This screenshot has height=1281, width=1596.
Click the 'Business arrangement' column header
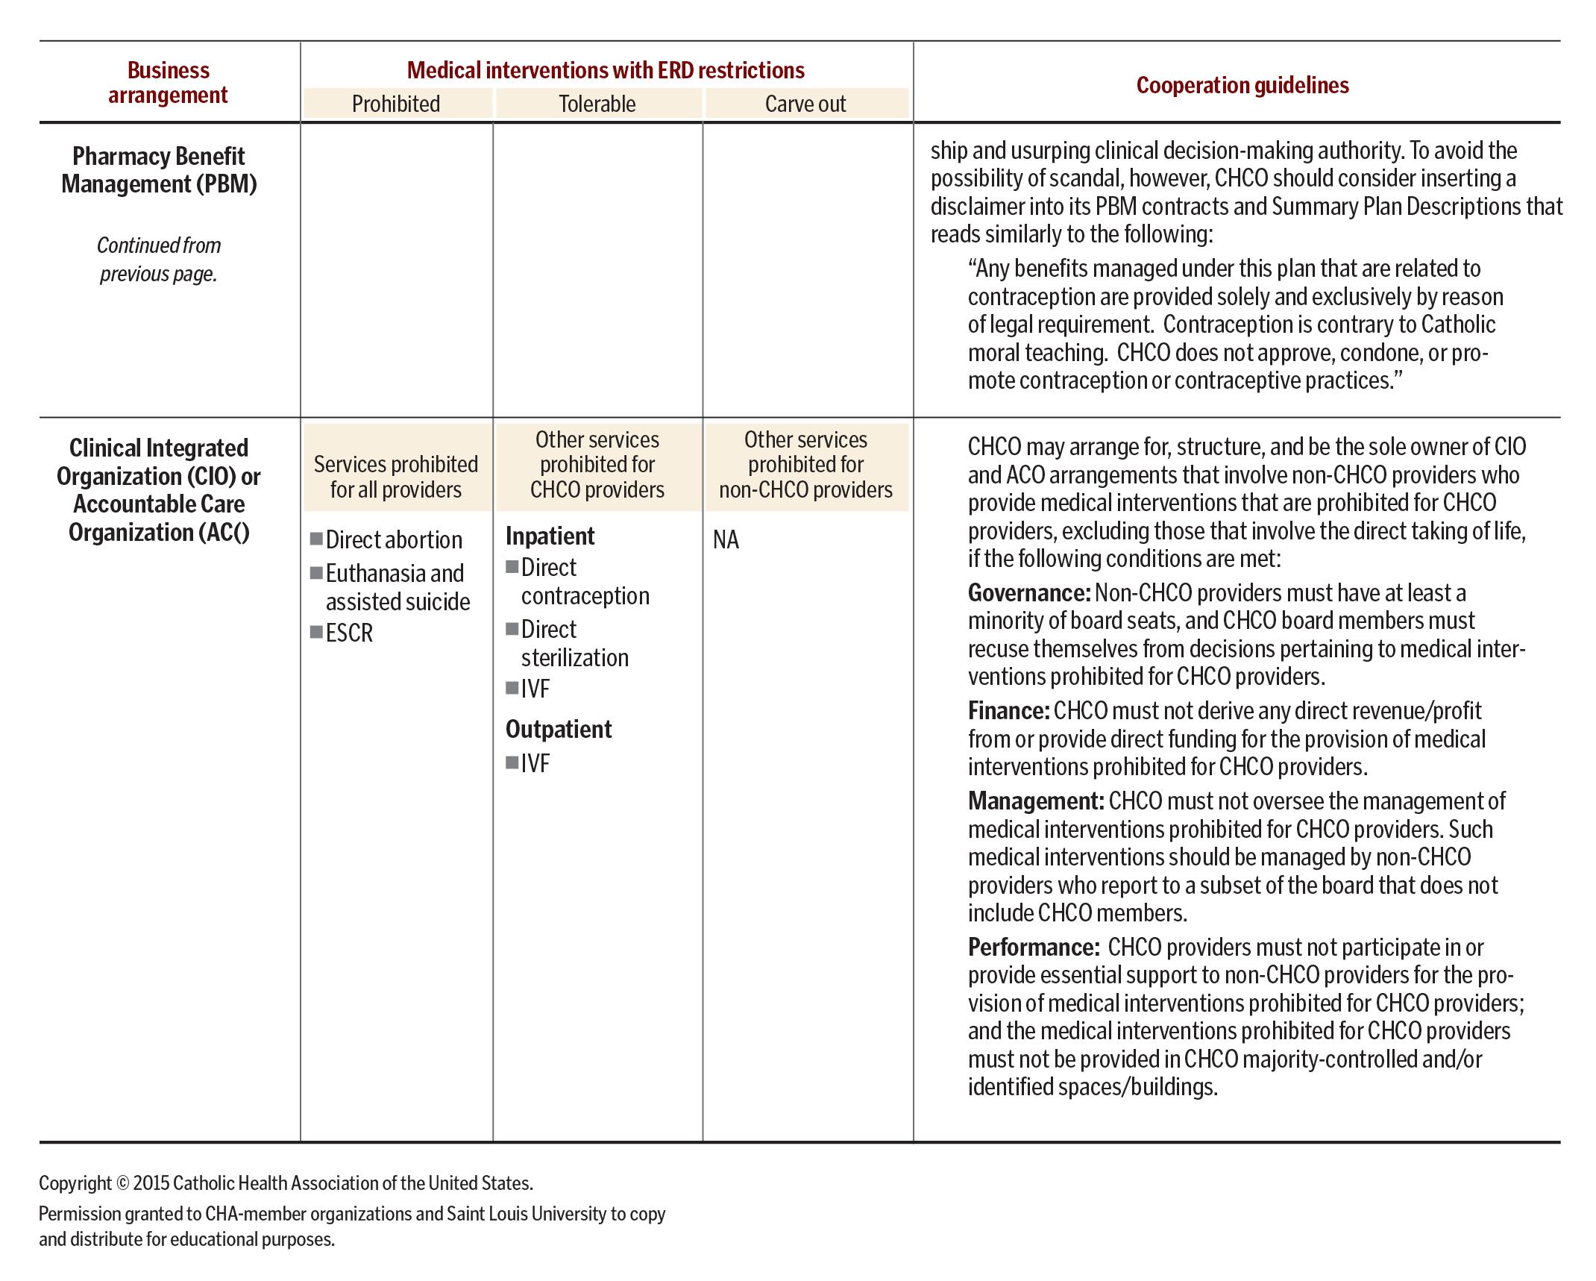pyautogui.click(x=169, y=83)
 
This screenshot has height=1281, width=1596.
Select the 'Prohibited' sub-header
pyautogui.click(x=396, y=104)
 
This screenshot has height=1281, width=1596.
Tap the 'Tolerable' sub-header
pyautogui.click(x=597, y=104)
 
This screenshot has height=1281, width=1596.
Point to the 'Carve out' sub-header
pyautogui.click(x=805, y=104)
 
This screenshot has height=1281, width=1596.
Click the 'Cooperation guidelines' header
pyautogui.click(x=1242, y=86)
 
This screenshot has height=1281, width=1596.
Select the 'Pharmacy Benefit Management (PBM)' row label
pyautogui.click(x=159, y=170)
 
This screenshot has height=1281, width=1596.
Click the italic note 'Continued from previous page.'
pyautogui.click(x=159, y=260)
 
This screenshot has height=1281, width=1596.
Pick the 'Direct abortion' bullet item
pyautogui.click(x=394, y=539)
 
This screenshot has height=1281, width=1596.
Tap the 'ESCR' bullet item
pyautogui.click(x=349, y=633)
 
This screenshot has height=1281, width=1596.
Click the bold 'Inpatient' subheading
pyautogui.click(x=550, y=536)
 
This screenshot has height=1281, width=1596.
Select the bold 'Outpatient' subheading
pyautogui.click(x=559, y=729)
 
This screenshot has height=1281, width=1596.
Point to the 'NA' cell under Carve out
pyautogui.click(x=726, y=539)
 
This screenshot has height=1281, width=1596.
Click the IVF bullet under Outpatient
pyautogui.click(x=535, y=763)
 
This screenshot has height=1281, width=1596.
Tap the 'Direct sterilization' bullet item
pyautogui.click(x=574, y=643)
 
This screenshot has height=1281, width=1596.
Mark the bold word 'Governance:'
pyautogui.click(x=1029, y=592)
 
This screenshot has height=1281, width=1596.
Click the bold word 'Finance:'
pyautogui.click(x=1009, y=710)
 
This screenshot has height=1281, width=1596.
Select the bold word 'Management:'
pyautogui.click(x=1036, y=801)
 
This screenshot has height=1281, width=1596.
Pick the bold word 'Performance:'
pyautogui.click(x=1034, y=947)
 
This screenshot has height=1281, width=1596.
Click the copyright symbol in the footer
pyautogui.click(x=123, y=1183)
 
